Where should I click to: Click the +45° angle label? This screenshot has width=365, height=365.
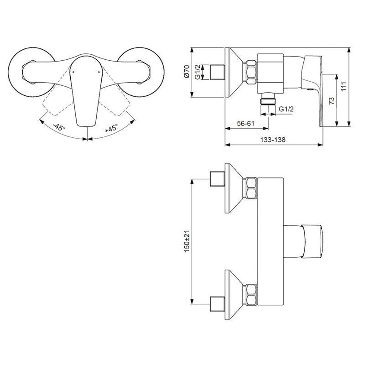[111, 128]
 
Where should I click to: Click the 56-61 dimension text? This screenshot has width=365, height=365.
[246, 124]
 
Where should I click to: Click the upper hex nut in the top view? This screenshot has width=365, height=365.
[251, 188]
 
